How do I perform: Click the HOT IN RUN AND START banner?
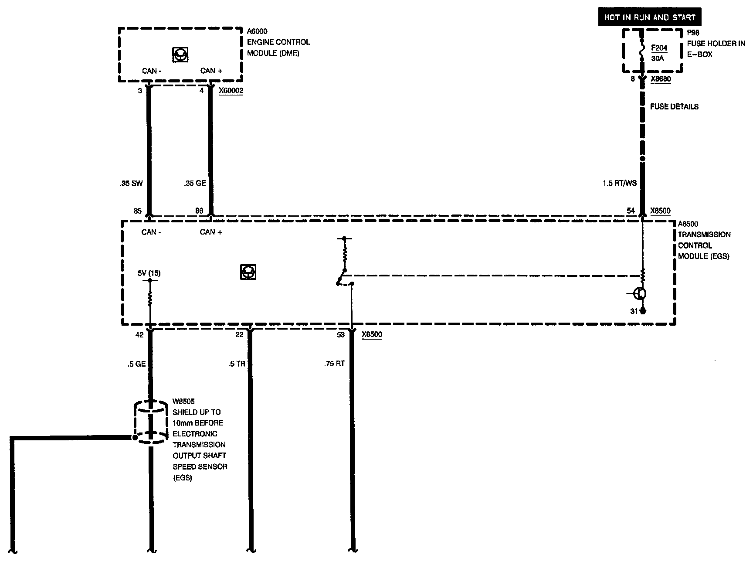[649, 18]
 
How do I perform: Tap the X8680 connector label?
[661, 80]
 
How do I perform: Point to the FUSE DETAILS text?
[674, 106]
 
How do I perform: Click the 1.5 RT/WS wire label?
[620, 183]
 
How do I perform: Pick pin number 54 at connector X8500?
[631, 211]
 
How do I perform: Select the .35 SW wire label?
[131, 184]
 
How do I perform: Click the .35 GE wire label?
[194, 183]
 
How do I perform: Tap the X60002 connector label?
[231, 91]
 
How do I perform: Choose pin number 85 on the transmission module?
[138, 211]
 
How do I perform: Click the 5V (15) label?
[149, 273]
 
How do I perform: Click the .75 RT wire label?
[334, 364]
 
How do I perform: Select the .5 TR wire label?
[237, 364]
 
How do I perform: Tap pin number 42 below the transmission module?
[139, 335]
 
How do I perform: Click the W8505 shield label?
[183, 401]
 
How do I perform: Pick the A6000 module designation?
[257, 31]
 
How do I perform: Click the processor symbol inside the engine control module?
[180, 54]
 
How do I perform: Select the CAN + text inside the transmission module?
[211, 232]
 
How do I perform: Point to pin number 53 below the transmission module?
[341, 335]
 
